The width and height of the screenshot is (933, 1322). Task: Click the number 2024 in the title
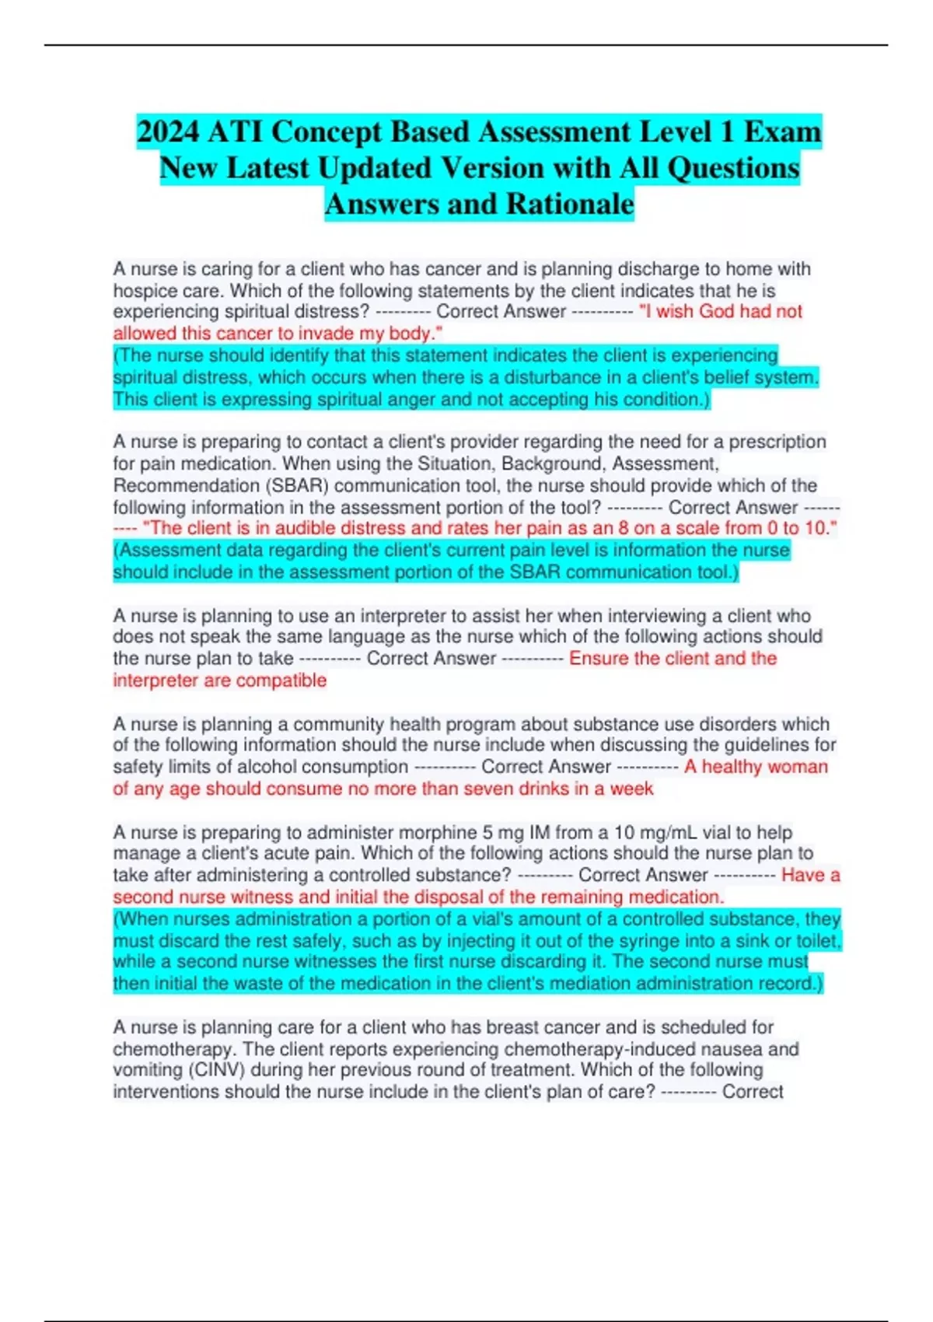(168, 132)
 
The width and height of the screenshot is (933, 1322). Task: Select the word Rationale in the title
(570, 205)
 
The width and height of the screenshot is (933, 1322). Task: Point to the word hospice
(145, 291)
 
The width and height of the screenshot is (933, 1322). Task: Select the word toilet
(816, 941)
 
